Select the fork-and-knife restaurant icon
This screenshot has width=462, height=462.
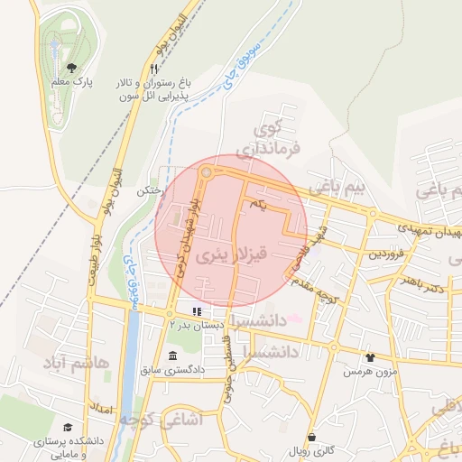click(x=154, y=68)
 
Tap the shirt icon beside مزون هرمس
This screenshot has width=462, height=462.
click(x=369, y=357)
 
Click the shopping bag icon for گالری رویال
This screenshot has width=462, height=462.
click(x=312, y=437)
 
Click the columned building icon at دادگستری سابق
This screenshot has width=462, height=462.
click(x=172, y=355)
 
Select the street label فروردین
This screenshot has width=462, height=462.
click(x=387, y=254)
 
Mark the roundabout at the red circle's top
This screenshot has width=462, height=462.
click(x=208, y=171)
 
